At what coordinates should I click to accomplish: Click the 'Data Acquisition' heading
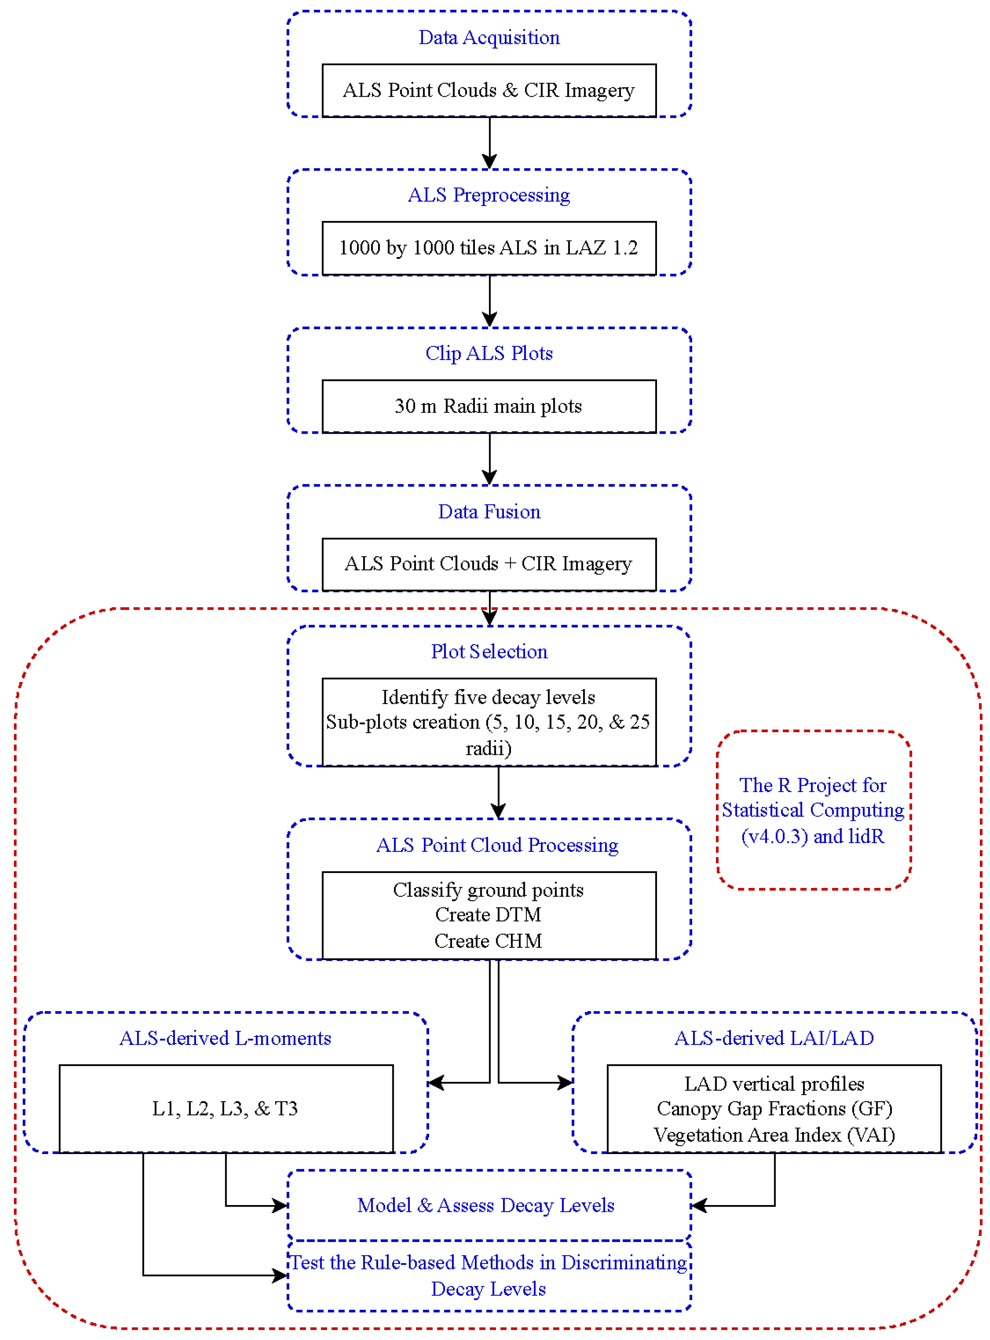[x=489, y=37]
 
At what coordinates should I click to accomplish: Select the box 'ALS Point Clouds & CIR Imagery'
[x=489, y=90]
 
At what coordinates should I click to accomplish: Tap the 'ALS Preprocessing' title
[x=489, y=195]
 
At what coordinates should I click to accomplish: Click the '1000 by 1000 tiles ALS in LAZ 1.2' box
[x=489, y=247]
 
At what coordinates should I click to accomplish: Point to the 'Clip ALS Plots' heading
[x=489, y=353]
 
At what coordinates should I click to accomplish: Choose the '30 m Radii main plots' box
[x=489, y=406]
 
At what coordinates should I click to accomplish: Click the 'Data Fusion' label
[x=489, y=511]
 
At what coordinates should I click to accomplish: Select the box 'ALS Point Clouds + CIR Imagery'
[x=489, y=563]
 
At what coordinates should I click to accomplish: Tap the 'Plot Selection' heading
[x=489, y=651]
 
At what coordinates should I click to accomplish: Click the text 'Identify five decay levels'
[x=489, y=697]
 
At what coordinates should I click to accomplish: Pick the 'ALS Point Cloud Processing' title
[x=497, y=845]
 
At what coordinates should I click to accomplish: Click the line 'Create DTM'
[x=489, y=915]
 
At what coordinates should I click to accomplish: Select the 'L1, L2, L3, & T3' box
[x=225, y=1108]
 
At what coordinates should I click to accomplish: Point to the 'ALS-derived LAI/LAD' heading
[x=774, y=1037]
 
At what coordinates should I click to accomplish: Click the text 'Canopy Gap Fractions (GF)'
[x=774, y=1108]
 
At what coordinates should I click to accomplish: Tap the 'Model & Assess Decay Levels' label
[x=486, y=1205]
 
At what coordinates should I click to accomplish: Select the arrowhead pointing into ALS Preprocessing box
[x=489, y=162]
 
